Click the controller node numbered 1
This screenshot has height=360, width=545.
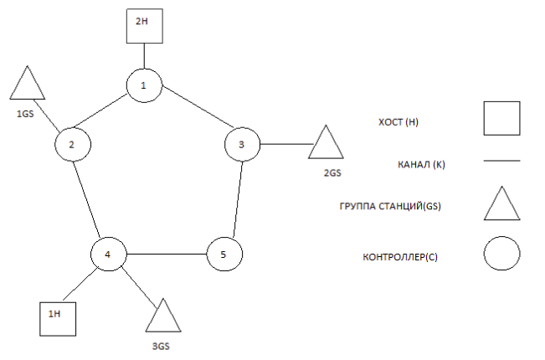pyautogui.click(x=144, y=85)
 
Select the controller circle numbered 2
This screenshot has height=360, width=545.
pyautogui.click(x=72, y=145)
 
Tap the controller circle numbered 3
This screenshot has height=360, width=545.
pyautogui.click(x=243, y=145)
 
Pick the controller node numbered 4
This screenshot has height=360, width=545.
pyautogui.click(x=108, y=253)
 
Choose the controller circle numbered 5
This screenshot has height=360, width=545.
pyautogui.click(x=224, y=253)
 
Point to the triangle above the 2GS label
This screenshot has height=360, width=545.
pyautogui.click(x=326, y=144)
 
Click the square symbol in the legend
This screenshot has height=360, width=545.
pyautogui.click(x=501, y=118)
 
